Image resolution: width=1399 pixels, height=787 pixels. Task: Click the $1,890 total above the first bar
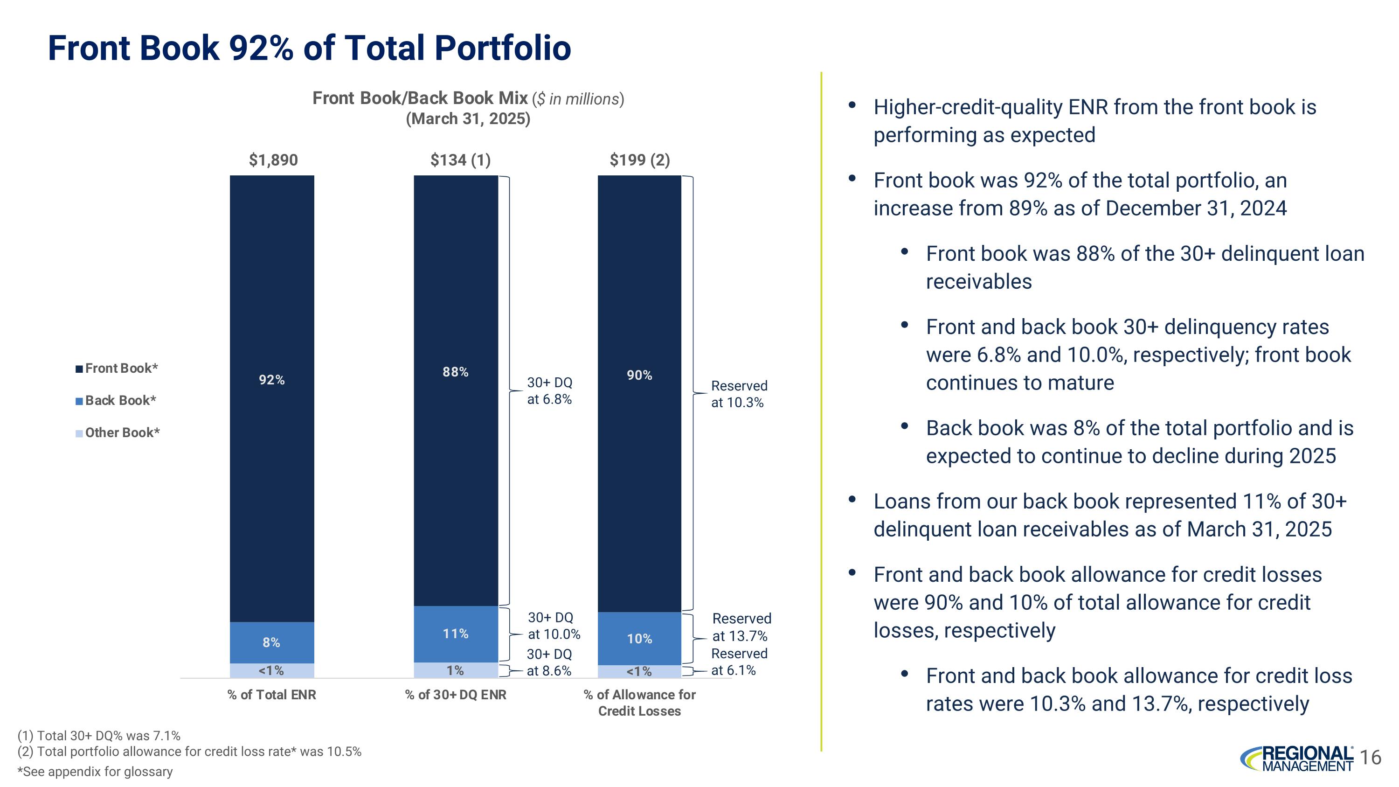273,160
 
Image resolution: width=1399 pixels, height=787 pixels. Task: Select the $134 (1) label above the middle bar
460,160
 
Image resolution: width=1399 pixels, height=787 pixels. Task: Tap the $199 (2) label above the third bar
639,160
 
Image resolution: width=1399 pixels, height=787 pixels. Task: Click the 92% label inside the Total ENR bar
271,380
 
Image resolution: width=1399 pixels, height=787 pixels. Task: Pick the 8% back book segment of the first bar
271,642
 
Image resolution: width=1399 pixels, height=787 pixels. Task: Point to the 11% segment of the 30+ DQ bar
456,634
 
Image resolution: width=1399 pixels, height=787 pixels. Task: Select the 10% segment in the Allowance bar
639,639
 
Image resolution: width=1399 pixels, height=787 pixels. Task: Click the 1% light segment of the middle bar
455,671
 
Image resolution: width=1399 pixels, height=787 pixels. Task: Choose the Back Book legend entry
116,400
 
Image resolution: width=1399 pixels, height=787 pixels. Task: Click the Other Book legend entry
118,432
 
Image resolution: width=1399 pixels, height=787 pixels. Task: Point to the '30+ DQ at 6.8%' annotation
550,390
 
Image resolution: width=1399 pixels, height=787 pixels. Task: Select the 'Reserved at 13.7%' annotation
741,627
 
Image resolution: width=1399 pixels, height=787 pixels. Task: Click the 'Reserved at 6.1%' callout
738,662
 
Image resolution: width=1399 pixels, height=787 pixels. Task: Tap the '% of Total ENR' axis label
271,695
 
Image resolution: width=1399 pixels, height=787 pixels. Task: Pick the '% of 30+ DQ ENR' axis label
456,695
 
